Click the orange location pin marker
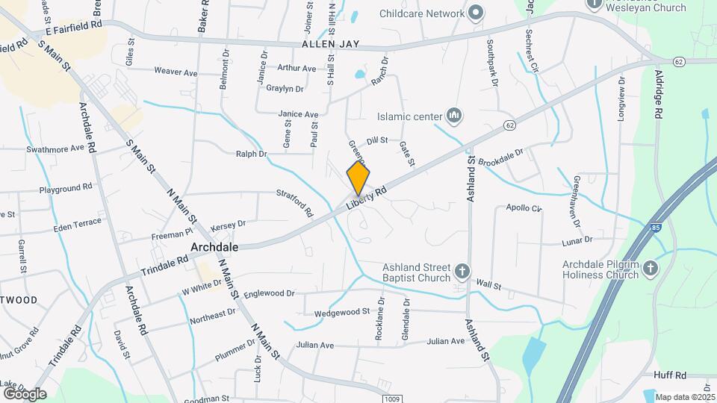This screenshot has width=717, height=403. click(358, 179)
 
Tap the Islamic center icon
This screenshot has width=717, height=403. click(453, 115)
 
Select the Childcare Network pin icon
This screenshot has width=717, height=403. click(476, 13)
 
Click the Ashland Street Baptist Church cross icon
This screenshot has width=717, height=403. click(462, 270)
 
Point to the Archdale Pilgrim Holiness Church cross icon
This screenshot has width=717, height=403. click(651, 268)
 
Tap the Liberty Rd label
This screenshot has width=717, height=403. click(370, 199)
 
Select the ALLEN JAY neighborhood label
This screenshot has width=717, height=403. click(331, 45)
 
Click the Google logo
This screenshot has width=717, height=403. click(25, 393)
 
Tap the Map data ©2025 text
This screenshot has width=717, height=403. click(684, 396)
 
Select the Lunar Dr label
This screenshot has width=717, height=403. click(577, 240)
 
